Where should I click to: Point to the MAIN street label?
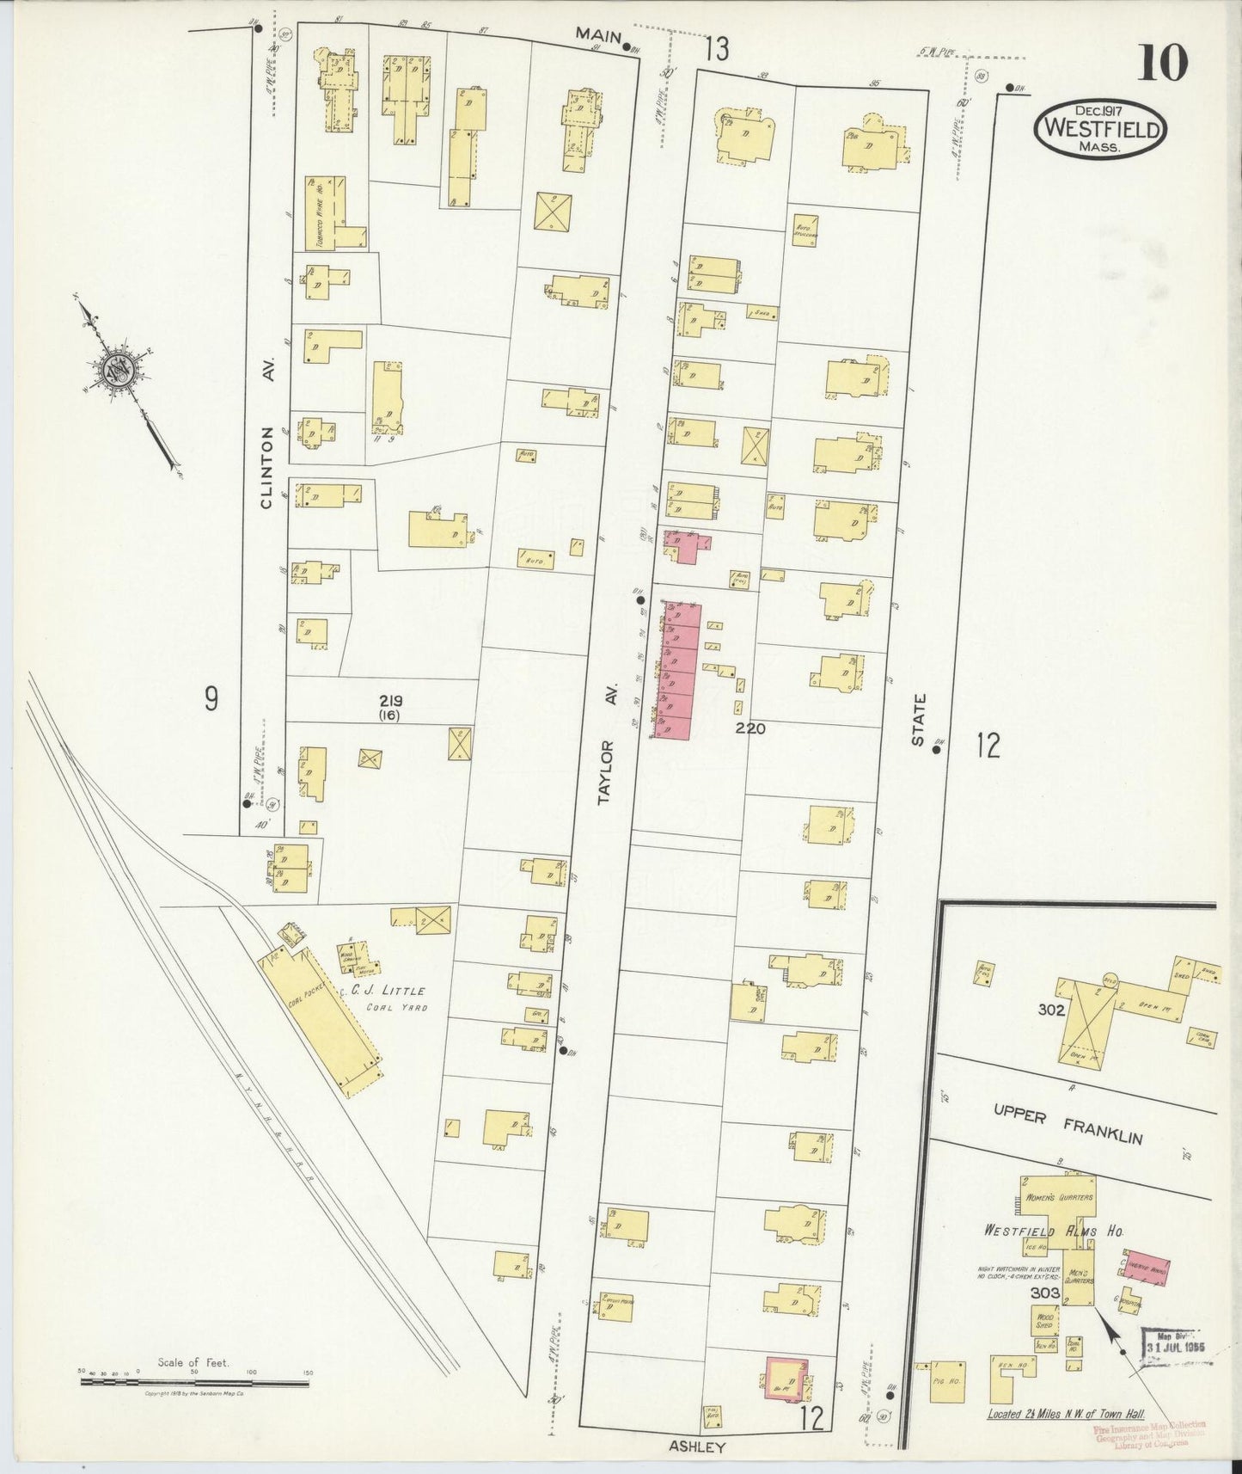pos(599,34)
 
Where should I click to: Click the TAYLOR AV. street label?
pos(609,772)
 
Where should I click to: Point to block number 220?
pos(749,728)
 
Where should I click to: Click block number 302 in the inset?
pos(1050,1010)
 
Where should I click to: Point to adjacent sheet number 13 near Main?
pos(716,50)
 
